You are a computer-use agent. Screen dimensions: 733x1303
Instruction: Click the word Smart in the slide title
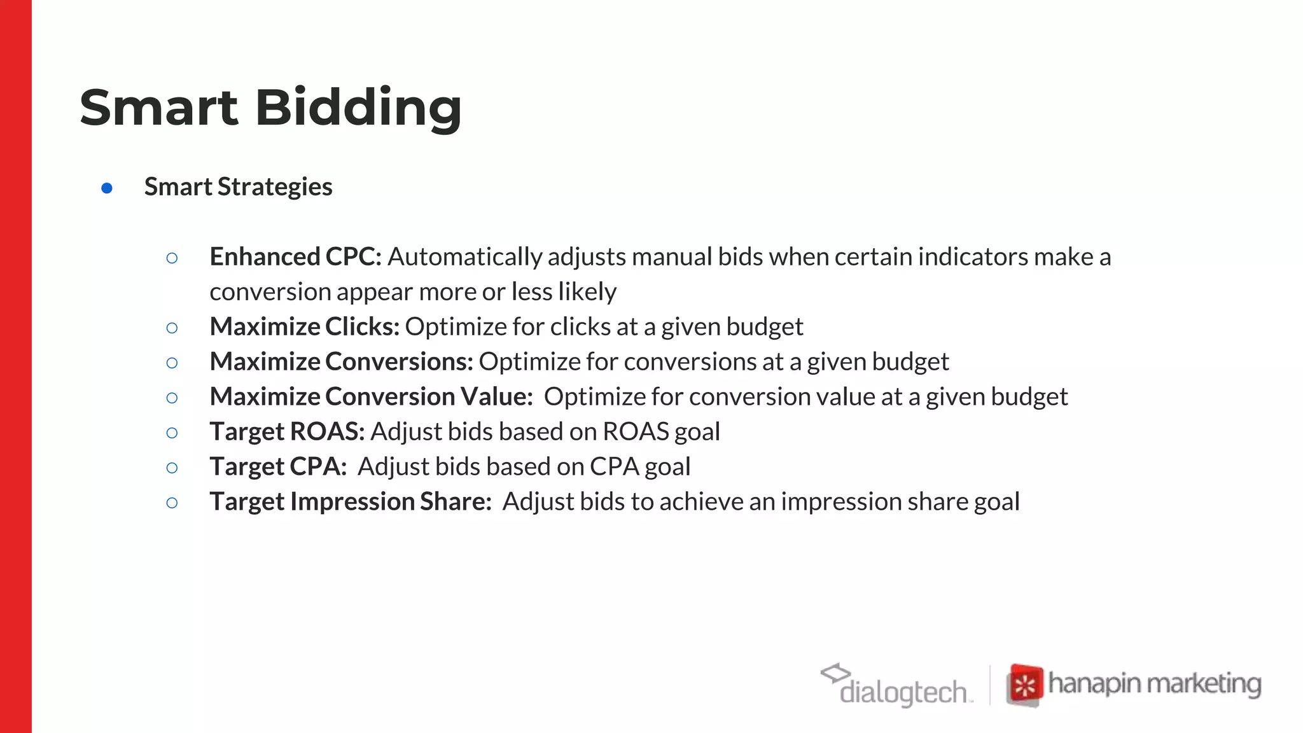pos(159,108)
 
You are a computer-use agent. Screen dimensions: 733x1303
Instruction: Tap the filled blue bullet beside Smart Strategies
pos(107,188)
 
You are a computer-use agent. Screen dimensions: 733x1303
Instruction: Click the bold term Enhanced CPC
pos(295,257)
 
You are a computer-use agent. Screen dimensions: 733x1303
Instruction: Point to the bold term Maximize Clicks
pos(304,327)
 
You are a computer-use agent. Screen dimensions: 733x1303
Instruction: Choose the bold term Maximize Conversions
pos(341,362)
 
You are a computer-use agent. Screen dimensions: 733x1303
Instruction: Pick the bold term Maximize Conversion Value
pos(371,397)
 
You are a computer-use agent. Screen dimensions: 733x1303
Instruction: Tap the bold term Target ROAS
pos(287,432)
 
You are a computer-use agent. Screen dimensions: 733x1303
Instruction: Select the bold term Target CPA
pos(278,467)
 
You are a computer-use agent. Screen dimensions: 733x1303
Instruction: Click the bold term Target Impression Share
pos(351,502)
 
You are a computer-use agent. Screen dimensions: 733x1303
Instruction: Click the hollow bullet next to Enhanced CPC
pos(172,258)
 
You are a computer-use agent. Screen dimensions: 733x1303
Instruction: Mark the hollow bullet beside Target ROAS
pos(172,433)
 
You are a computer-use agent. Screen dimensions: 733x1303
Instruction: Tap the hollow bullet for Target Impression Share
pos(172,503)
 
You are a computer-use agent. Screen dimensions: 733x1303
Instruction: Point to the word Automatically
pos(464,257)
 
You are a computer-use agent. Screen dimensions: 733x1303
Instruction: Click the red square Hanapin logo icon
pos(1024,685)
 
